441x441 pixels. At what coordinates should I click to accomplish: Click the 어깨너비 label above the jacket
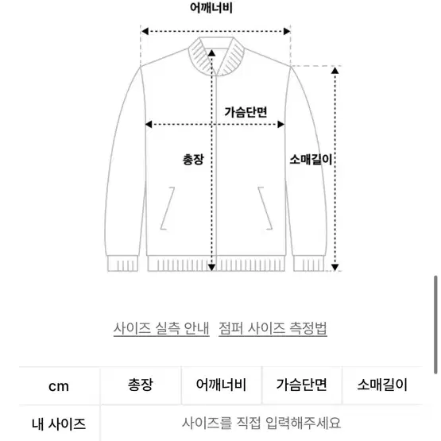(211, 8)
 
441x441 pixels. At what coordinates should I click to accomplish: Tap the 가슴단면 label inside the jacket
(246, 112)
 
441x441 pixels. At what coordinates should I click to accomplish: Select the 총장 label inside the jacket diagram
(193, 160)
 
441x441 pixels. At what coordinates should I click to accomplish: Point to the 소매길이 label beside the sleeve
(311, 160)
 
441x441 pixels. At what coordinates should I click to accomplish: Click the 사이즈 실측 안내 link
(161, 328)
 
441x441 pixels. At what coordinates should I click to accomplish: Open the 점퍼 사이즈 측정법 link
(273, 328)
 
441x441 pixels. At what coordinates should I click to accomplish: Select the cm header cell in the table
(59, 386)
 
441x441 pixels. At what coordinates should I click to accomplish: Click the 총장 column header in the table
(141, 385)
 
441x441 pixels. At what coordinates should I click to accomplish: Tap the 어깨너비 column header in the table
(221, 385)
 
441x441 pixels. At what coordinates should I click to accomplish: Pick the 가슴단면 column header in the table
(302, 385)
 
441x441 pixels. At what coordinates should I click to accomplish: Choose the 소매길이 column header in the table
(382, 385)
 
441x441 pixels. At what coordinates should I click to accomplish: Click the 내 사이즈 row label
(59, 424)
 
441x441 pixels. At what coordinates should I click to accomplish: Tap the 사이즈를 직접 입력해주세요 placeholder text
(261, 423)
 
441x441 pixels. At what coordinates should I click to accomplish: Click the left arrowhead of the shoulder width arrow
(145, 31)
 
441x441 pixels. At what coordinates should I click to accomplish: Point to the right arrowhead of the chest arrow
(280, 124)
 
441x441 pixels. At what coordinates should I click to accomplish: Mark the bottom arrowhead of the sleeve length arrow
(335, 267)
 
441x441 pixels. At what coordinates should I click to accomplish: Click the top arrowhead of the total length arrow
(211, 53)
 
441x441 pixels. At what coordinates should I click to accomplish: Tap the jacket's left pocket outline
(168, 208)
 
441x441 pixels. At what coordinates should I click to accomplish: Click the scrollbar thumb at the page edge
(435, 325)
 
